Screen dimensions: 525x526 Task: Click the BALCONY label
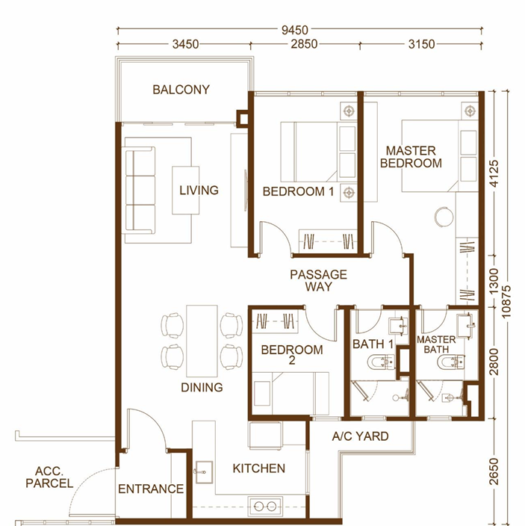[x=181, y=90]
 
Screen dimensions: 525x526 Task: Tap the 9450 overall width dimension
[x=295, y=30]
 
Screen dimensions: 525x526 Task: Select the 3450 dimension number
[x=186, y=44]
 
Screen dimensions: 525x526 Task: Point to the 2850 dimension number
[x=304, y=44]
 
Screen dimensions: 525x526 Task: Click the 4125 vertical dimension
[x=494, y=173]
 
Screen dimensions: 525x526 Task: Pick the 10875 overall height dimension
[x=506, y=302]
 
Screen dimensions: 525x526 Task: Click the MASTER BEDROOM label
[x=411, y=157]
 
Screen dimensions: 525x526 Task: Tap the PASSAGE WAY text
[x=318, y=280]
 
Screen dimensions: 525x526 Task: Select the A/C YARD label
[x=361, y=436]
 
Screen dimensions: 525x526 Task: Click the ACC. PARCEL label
[x=49, y=477]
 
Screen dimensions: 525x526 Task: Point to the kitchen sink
[x=203, y=472]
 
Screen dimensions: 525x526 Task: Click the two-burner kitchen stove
[x=265, y=506]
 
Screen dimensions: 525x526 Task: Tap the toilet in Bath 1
[x=381, y=362]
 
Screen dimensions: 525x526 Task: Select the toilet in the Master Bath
[x=451, y=362]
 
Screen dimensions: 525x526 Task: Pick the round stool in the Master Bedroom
[x=444, y=217]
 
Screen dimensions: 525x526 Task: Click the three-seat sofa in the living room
[x=140, y=191]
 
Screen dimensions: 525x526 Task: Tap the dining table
[x=202, y=341]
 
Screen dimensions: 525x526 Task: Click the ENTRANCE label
[x=151, y=489]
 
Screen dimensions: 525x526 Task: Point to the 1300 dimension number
[x=494, y=281]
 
